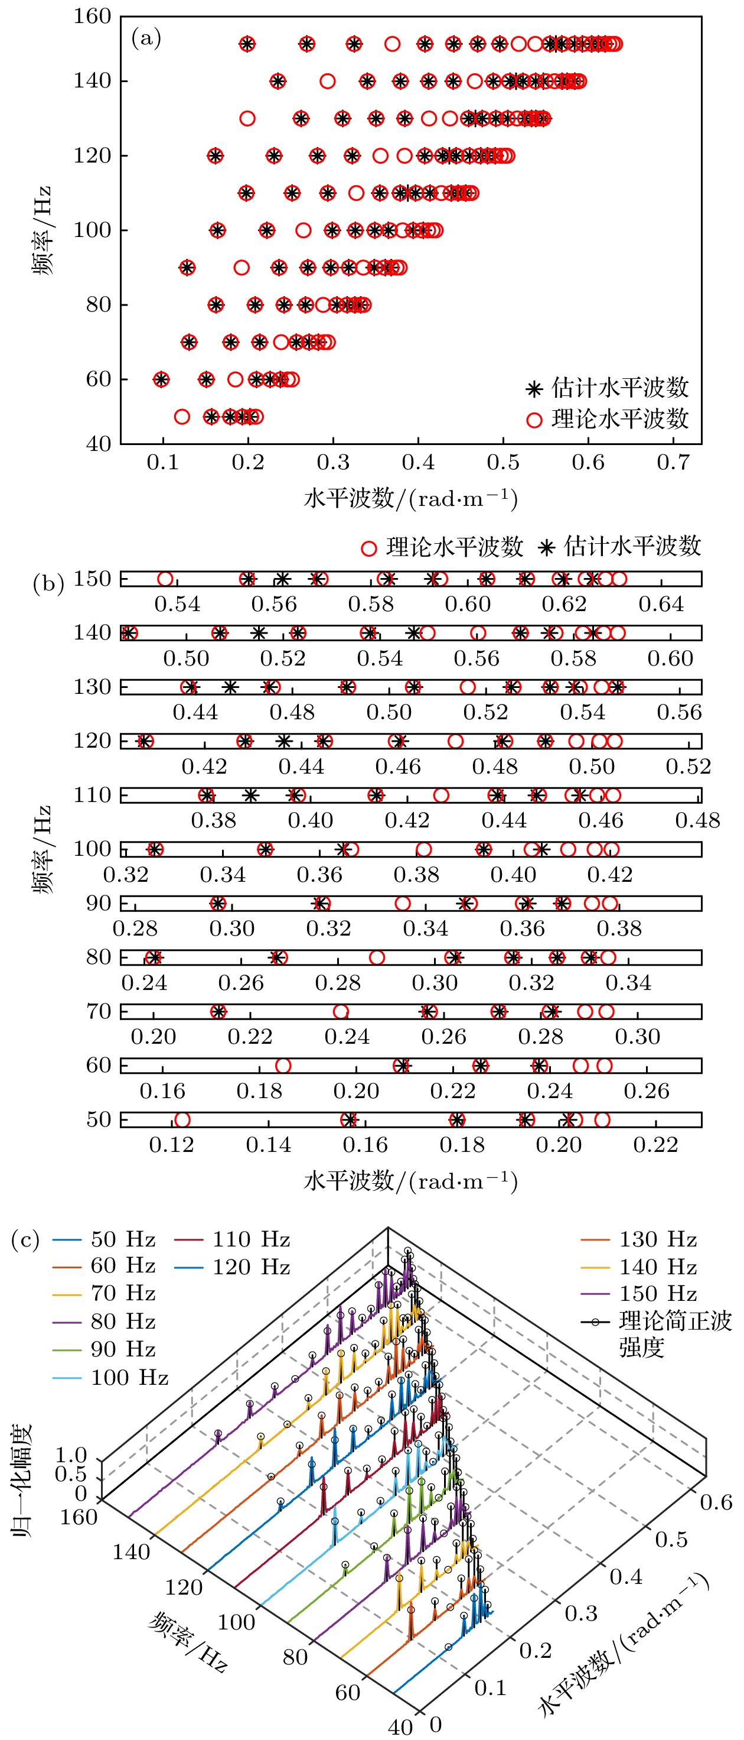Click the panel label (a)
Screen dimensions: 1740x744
(146, 38)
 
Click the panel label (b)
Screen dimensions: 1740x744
(48, 583)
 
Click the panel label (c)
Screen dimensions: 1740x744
(25, 1240)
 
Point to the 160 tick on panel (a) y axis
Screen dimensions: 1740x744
(93, 16)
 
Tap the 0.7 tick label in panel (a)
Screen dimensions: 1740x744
(673, 463)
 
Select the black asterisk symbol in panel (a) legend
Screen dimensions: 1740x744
(534, 389)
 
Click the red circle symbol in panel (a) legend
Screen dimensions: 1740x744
(534, 420)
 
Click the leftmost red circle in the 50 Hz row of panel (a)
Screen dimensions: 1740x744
(182, 417)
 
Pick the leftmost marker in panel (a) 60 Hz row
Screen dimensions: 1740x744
(161, 379)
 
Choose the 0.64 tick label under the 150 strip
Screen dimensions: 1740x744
(661, 604)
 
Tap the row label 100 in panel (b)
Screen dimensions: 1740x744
(93, 849)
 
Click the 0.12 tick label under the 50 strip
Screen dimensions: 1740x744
(171, 1144)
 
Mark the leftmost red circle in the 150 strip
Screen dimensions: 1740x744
(165, 579)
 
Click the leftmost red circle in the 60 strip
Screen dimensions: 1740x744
(283, 1065)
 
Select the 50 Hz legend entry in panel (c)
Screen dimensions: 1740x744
(104, 1239)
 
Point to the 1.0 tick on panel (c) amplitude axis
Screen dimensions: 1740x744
(71, 1455)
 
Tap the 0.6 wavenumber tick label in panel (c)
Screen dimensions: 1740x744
(716, 1502)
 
